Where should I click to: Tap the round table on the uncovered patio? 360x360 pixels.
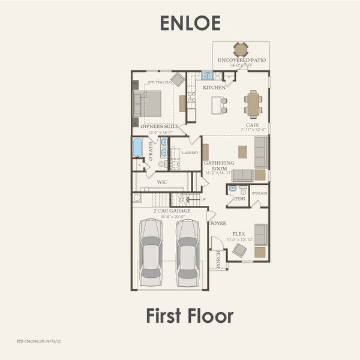[x=241, y=49]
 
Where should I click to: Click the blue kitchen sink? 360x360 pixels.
[x=207, y=76]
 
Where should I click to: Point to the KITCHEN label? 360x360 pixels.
[x=214, y=88]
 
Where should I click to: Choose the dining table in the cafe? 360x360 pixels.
[x=253, y=104]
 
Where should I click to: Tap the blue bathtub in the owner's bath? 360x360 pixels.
[x=137, y=147]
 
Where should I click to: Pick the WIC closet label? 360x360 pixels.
[x=162, y=181]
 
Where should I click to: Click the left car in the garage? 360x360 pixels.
[x=150, y=252]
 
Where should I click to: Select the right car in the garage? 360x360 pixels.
[x=188, y=252]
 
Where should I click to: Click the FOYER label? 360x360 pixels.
[x=218, y=223]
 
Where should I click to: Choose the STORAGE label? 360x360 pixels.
[x=259, y=194]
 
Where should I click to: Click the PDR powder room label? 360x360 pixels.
[x=240, y=198]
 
